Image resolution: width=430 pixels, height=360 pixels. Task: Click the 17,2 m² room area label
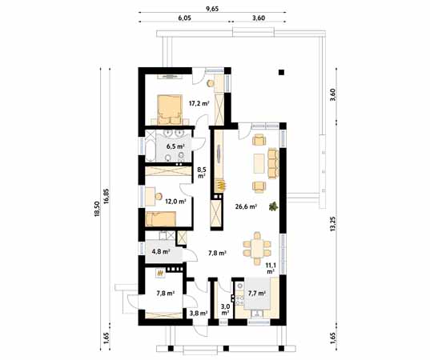tap(199, 103)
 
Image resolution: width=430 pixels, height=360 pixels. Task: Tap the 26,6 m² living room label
tap(246, 206)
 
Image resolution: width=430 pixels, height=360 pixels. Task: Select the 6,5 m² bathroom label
tap(175, 146)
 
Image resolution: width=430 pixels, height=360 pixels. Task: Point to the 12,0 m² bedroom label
tap(176, 202)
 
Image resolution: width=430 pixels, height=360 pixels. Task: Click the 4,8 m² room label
tap(161, 251)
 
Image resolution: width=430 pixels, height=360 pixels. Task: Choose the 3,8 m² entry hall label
tap(199, 313)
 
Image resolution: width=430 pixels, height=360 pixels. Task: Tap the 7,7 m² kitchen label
tap(257, 294)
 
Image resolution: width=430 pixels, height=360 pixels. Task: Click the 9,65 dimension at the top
tap(212, 9)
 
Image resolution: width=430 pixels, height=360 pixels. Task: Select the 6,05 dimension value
tap(184, 18)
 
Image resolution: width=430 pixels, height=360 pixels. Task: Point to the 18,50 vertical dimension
tap(97, 209)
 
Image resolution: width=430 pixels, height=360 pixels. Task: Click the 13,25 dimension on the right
tap(332, 224)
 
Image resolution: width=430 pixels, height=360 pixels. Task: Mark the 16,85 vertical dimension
tap(106, 196)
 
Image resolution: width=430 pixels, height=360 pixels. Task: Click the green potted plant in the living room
tap(273, 206)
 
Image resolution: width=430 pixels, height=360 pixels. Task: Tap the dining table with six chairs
tap(257, 248)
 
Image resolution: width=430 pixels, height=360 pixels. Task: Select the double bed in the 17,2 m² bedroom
tap(170, 110)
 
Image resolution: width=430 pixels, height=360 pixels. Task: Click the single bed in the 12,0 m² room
tap(160, 219)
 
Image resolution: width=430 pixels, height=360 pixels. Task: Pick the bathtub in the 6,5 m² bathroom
tap(151, 146)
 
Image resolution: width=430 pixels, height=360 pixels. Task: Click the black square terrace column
tap(281, 72)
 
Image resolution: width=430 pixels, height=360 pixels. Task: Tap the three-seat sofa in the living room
tap(273, 163)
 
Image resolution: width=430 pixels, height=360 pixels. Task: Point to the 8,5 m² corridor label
tap(202, 173)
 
